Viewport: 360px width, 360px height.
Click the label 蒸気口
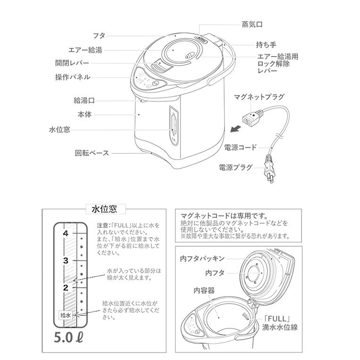[x=252, y=25]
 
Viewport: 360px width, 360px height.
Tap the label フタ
[x=99, y=35]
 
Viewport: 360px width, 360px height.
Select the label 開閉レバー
[x=72, y=63]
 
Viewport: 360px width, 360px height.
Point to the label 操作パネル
[x=73, y=77]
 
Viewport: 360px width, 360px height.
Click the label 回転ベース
[x=92, y=153]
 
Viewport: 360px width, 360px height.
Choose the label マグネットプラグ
[x=259, y=97]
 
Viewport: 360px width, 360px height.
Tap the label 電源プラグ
[x=235, y=167]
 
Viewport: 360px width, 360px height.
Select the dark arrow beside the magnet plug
[x=236, y=128]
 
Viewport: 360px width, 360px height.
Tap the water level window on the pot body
[x=174, y=126]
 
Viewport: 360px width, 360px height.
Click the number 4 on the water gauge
[x=66, y=233]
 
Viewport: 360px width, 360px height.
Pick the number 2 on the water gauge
[x=66, y=287]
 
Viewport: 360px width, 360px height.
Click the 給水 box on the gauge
[x=66, y=315]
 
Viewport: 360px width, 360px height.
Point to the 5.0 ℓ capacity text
[x=68, y=337]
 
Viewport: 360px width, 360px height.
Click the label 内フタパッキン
[x=202, y=259]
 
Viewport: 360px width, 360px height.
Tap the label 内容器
[x=204, y=291]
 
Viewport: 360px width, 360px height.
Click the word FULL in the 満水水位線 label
[x=276, y=318]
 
